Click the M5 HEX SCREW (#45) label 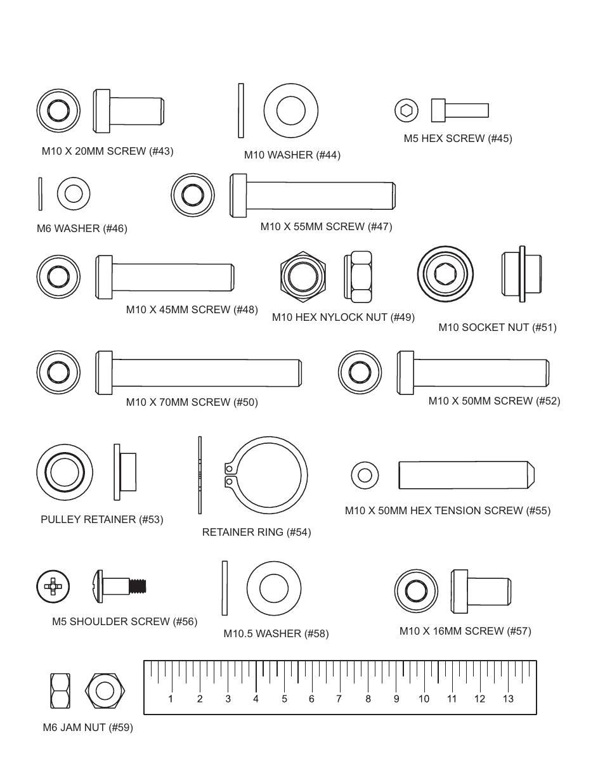(x=457, y=138)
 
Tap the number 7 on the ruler (x=339, y=699)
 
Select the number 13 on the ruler (x=507, y=699)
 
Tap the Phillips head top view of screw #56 (x=53, y=586)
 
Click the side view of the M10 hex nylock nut (x=358, y=277)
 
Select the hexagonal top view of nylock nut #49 (x=303, y=277)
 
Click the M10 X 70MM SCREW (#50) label (x=192, y=402)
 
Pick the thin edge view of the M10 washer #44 (x=240, y=110)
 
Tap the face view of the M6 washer (x=74, y=193)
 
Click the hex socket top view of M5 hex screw (x=407, y=110)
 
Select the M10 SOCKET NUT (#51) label (x=497, y=327)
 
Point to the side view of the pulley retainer (x=125, y=472)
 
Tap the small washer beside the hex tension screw (x=365, y=475)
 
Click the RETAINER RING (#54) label (x=256, y=532)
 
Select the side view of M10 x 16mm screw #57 (x=481, y=591)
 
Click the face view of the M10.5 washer (x=273, y=588)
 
